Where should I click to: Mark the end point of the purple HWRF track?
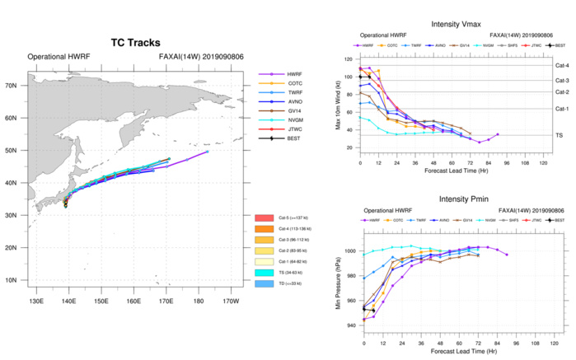pos(208,152)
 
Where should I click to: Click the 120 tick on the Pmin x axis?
pos(546,344)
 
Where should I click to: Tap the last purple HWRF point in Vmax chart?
pos(498,134)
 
